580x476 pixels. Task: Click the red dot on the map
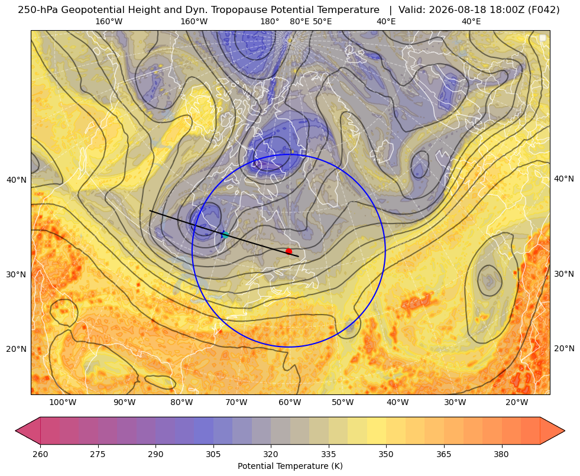(289, 251)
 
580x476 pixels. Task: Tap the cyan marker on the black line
(225, 235)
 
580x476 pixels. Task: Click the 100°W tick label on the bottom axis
(63, 403)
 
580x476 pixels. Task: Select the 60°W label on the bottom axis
(290, 403)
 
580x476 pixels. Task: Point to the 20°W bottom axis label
(517, 403)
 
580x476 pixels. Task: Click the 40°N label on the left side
(17, 180)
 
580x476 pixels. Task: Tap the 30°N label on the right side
(564, 274)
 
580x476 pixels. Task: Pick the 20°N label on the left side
(17, 349)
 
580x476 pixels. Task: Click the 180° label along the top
(270, 21)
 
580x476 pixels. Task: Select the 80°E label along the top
(299, 21)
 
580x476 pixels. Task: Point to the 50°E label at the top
(322, 21)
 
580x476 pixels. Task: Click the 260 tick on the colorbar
(40, 454)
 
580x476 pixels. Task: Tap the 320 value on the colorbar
(271, 454)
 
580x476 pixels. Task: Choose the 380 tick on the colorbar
(501, 454)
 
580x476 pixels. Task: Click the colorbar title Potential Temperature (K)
(290, 466)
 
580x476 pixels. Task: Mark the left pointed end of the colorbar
(15, 430)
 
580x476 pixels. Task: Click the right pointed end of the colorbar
(565, 430)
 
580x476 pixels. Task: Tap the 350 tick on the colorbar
(386, 454)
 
